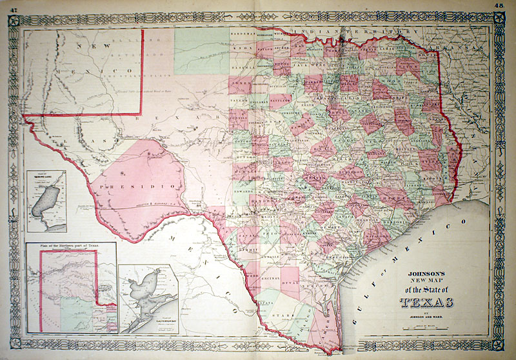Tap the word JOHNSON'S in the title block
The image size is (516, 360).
[x=426, y=274]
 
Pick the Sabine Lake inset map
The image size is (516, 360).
[x=46, y=200]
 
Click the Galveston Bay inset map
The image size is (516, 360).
[x=148, y=297]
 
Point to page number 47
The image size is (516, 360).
[x=12, y=5]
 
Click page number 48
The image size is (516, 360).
[x=499, y=5]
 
